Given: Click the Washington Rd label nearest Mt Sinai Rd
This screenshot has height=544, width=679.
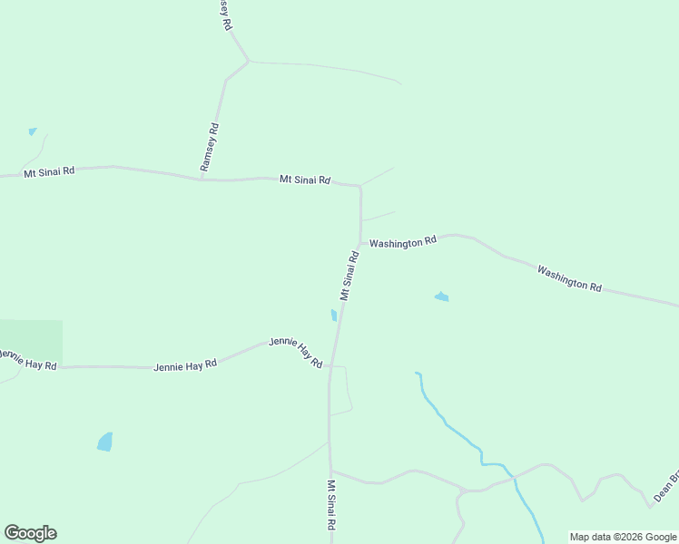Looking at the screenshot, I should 403,242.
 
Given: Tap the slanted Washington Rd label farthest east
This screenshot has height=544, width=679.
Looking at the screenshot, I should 569,277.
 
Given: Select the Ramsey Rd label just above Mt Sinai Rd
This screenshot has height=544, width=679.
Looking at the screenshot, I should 210,148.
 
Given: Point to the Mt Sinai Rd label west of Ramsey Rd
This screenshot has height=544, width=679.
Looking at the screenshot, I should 49,171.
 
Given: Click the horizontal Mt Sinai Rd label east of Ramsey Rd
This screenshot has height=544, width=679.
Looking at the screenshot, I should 304,180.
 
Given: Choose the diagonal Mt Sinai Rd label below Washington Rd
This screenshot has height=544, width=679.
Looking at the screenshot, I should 349,276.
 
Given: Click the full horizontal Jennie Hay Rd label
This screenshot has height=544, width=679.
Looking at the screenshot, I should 185,365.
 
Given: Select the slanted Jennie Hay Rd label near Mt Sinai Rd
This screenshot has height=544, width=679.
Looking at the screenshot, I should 296,352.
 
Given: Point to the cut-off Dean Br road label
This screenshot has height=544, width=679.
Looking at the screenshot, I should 666,487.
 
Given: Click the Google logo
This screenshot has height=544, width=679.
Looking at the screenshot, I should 30,533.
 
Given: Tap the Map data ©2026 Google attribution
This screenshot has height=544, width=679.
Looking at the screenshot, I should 624,537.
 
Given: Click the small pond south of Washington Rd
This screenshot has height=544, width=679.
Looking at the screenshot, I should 442,296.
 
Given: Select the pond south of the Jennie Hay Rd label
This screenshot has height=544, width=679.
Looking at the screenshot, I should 105,442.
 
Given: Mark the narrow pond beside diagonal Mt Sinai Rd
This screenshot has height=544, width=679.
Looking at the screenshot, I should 334,316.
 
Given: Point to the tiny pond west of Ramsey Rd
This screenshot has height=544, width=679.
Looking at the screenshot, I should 33,131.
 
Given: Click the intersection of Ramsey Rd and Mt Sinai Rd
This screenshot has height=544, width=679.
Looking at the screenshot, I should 202,179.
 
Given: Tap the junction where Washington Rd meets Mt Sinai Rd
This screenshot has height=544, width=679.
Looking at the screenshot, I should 361,244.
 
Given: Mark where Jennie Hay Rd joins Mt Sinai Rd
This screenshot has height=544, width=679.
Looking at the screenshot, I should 330,366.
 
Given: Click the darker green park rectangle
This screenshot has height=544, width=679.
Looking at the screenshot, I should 31,344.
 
